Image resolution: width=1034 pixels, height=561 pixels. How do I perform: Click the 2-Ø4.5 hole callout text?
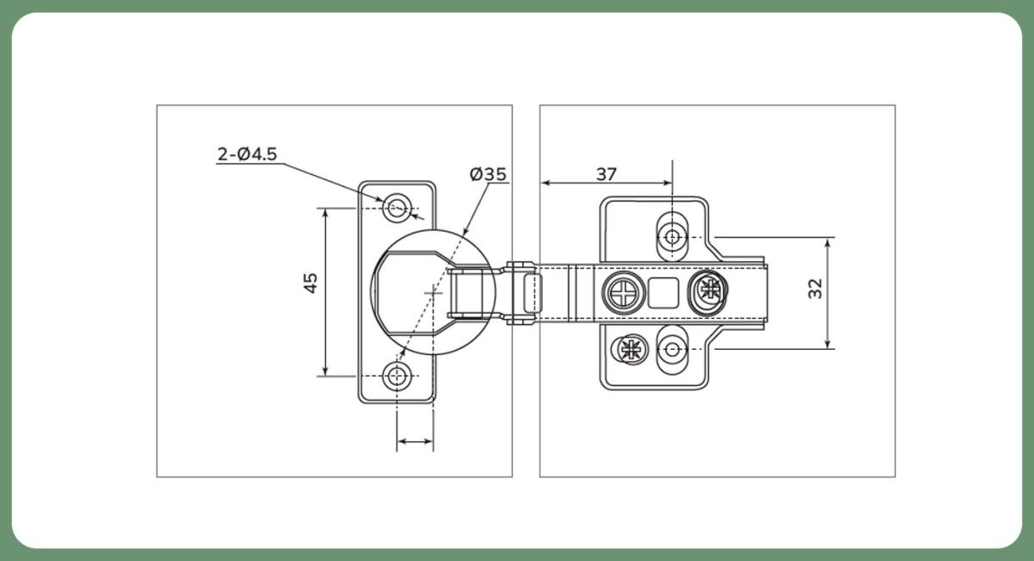[x=246, y=154]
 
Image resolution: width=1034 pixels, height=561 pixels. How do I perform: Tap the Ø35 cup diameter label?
[x=488, y=174]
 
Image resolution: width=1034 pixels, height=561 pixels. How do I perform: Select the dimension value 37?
[x=607, y=173]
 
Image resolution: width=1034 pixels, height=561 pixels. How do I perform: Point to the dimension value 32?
[x=815, y=288]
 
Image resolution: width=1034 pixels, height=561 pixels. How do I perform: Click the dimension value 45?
[x=311, y=283]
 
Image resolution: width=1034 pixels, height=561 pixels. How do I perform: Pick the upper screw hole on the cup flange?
[x=397, y=207]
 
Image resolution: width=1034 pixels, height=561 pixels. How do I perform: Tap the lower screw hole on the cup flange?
[x=397, y=376]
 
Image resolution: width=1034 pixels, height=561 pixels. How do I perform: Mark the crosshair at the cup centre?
[x=433, y=293]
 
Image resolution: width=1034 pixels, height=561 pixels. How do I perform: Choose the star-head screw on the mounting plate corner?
[x=631, y=350]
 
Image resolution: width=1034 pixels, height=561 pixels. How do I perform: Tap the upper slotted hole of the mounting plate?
[x=672, y=236]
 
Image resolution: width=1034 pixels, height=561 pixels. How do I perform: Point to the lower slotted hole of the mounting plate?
[x=672, y=350]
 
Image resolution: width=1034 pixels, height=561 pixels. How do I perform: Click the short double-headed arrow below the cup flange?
[x=415, y=442]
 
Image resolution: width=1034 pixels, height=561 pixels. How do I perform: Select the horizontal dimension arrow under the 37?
[x=607, y=183]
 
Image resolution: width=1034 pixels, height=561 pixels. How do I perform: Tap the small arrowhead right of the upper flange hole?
[x=419, y=215]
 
